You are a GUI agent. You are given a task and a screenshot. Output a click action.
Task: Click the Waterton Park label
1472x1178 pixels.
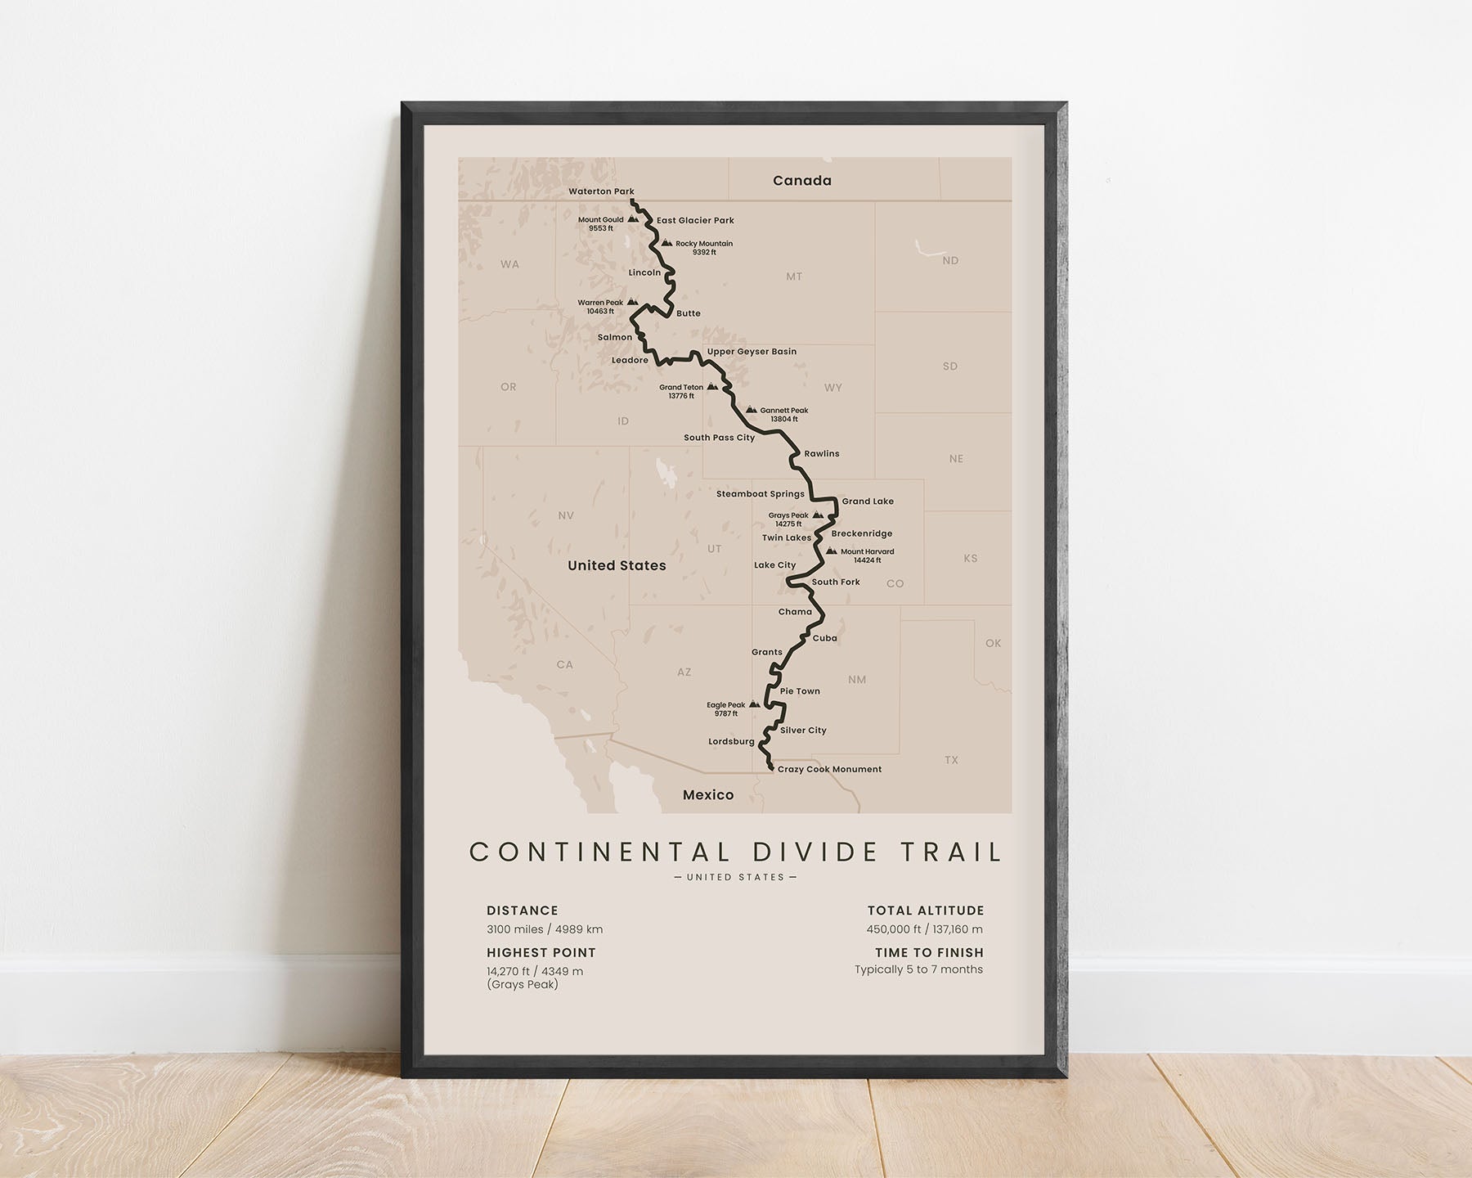coord(601,191)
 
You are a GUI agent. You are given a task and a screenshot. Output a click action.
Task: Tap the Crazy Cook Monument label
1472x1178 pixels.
coord(829,769)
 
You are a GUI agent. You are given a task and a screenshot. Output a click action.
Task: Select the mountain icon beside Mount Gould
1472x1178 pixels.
coord(633,219)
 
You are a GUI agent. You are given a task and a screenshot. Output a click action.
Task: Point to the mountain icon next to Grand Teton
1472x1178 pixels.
coord(712,387)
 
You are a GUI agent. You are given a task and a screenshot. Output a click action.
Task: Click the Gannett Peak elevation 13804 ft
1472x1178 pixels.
coord(783,420)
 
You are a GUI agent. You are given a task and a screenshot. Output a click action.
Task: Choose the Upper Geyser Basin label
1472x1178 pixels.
coord(752,352)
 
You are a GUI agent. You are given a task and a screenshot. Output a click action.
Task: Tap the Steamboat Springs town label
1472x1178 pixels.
coord(760,494)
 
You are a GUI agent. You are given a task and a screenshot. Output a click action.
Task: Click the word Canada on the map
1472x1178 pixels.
coord(801,181)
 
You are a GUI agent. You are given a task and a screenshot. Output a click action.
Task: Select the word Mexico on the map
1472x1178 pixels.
coord(708,795)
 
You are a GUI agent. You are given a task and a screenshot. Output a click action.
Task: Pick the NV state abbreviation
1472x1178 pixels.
coord(566,515)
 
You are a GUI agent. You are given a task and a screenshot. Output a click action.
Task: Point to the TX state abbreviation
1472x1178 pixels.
coord(951,760)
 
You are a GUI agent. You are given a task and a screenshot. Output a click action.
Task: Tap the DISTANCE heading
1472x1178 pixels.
coord(522,910)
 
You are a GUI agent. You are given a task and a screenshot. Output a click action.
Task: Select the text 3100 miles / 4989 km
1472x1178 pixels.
coord(544,929)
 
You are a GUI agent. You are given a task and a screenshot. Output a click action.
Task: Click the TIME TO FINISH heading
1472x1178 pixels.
coord(929,952)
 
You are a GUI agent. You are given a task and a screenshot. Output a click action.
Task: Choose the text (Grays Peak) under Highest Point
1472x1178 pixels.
coord(522,984)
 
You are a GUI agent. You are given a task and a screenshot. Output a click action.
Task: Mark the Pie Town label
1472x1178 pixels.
coord(800,691)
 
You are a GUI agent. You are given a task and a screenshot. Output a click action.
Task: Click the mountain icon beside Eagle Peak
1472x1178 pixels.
coord(755,704)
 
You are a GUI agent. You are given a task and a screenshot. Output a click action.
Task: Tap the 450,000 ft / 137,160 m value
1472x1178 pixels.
coord(925,929)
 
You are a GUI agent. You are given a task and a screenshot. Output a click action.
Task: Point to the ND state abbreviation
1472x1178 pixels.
coord(949,261)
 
